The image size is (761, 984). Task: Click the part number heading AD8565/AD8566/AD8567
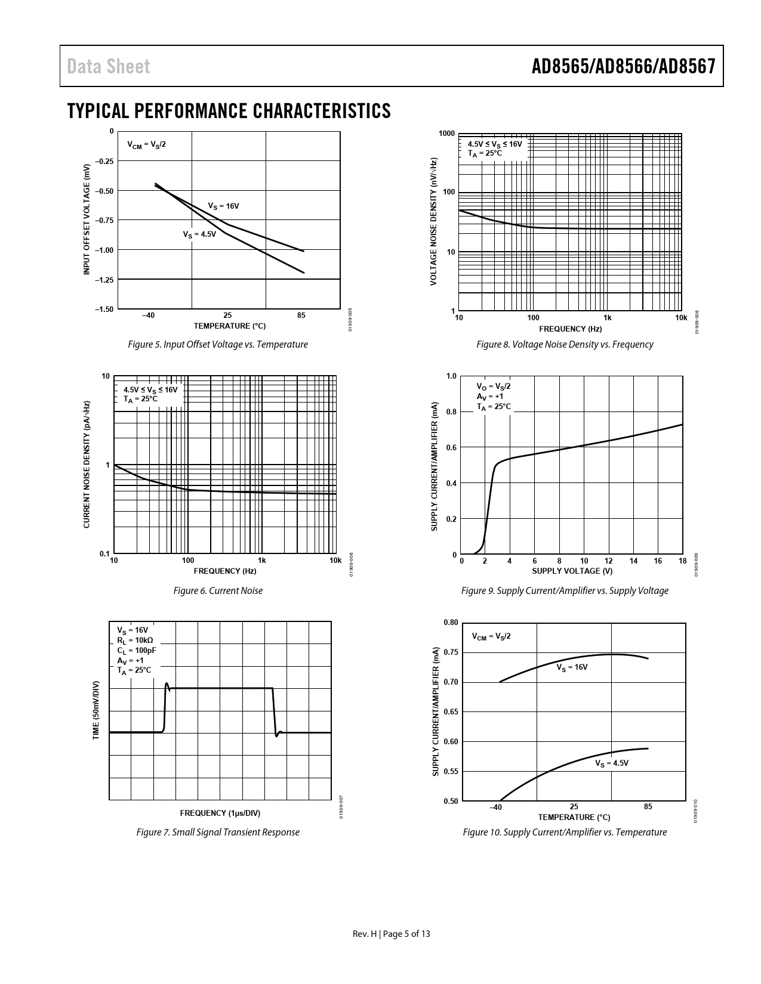pyautogui.click(x=623, y=67)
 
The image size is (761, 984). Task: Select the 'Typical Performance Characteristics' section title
pyautogui.click(x=229, y=111)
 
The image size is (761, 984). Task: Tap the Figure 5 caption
pyautogui.click(x=218, y=344)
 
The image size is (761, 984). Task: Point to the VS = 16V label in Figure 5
pyautogui.click(x=223, y=206)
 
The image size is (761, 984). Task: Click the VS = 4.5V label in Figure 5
pyautogui.click(x=199, y=234)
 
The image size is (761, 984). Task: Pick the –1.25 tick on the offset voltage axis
pyautogui.click(x=104, y=279)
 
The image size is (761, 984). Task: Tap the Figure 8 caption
pyautogui.click(x=565, y=344)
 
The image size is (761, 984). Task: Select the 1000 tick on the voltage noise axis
pyautogui.click(x=446, y=134)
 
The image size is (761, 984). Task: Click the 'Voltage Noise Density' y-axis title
pyautogui.click(x=433, y=221)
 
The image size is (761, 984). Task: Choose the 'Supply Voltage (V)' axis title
pyautogui.click(x=572, y=571)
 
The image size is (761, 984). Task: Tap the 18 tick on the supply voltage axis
pyautogui.click(x=682, y=561)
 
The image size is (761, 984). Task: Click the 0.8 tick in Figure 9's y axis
pyautogui.click(x=451, y=412)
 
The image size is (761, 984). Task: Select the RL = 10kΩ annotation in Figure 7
pyautogui.click(x=135, y=640)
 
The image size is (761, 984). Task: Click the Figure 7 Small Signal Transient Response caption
pyautogui.click(x=218, y=832)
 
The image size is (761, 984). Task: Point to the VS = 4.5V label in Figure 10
pyautogui.click(x=612, y=763)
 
